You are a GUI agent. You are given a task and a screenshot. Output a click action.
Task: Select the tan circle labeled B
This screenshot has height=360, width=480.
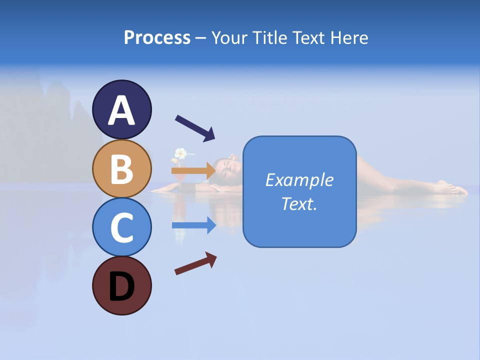click(x=122, y=168)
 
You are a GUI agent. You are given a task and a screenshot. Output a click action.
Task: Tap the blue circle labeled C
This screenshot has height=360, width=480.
click(x=122, y=227)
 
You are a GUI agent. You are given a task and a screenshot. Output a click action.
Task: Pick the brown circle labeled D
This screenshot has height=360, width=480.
click(x=122, y=285)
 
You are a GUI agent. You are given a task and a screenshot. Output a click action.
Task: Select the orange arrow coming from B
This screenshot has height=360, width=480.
click(x=194, y=170)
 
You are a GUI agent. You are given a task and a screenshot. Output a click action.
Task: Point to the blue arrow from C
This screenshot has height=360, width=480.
click(x=194, y=225)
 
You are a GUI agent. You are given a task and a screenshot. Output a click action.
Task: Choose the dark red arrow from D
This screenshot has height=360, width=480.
click(x=195, y=263)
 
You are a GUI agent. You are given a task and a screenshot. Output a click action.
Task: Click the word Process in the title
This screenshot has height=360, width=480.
click(x=157, y=37)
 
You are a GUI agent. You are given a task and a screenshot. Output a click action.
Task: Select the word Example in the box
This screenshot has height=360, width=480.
click(x=299, y=180)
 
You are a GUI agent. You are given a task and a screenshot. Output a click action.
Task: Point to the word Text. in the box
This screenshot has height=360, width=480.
click(x=299, y=204)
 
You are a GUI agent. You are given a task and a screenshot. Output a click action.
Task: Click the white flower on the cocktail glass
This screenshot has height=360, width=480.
click(x=180, y=153)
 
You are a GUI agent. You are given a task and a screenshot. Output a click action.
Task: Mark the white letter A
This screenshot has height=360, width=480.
click(x=122, y=110)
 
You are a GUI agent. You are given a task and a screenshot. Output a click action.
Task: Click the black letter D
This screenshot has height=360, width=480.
click(x=122, y=286)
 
